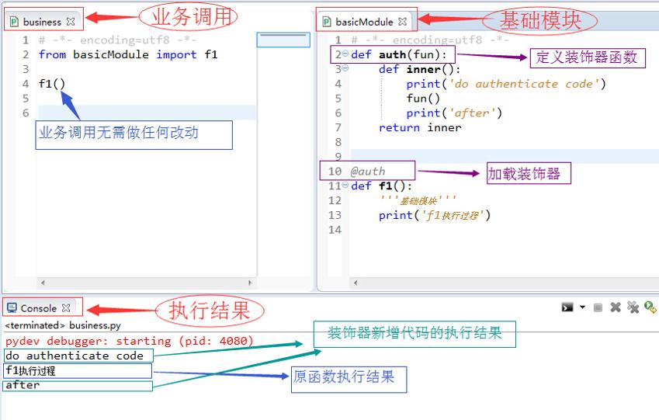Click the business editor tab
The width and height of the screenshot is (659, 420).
pyautogui.click(x=43, y=22)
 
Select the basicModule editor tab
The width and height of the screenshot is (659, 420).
pyautogui.click(x=365, y=22)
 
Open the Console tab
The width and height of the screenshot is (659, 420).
pyautogui.click(x=39, y=308)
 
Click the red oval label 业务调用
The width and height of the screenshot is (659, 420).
pyautogui.click(x=189, y=17)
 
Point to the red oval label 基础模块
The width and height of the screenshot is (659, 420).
pyautogui.click(x=540, y=21)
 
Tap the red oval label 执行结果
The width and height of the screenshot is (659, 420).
pyautogui.click(x=210, y=311)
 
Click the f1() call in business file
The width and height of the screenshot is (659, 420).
pyautogui.click(x=52, y=84)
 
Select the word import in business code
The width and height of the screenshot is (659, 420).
pyautogui.click(x=176, y=54)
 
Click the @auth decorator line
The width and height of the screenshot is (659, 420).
pyautogui.click(x=367, y=172)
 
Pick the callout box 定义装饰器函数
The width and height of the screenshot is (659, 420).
pyautogui.click(x=587, y=57)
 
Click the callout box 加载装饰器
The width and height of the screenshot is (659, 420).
pyautogui.click(x=529, y=173)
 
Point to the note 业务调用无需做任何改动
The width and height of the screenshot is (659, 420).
pyautogui.click(x=134, y=135)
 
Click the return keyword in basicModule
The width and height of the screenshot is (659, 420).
pyautogui.click(x=399, y=127)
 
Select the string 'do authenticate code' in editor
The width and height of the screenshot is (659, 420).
pyautogui.click(x=524, y=84)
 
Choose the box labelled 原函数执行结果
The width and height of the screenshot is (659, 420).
pyautogui.click(x=349, y=380)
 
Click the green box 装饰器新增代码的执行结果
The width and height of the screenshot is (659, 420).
pyautogui.click(x=414, y=335)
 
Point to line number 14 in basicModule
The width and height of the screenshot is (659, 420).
pyautogui.click(x=335, y=230)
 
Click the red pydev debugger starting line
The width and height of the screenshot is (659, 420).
pyautogui.click(x=130, y=341)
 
